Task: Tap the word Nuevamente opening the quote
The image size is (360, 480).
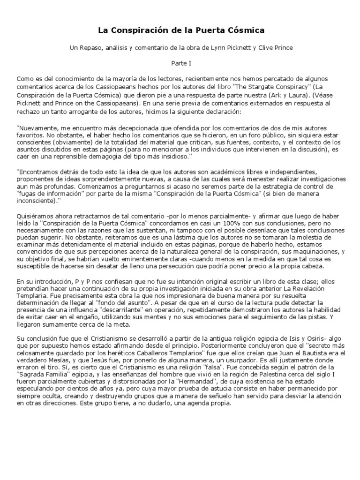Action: pyautogui.click(x=38, y=127)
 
